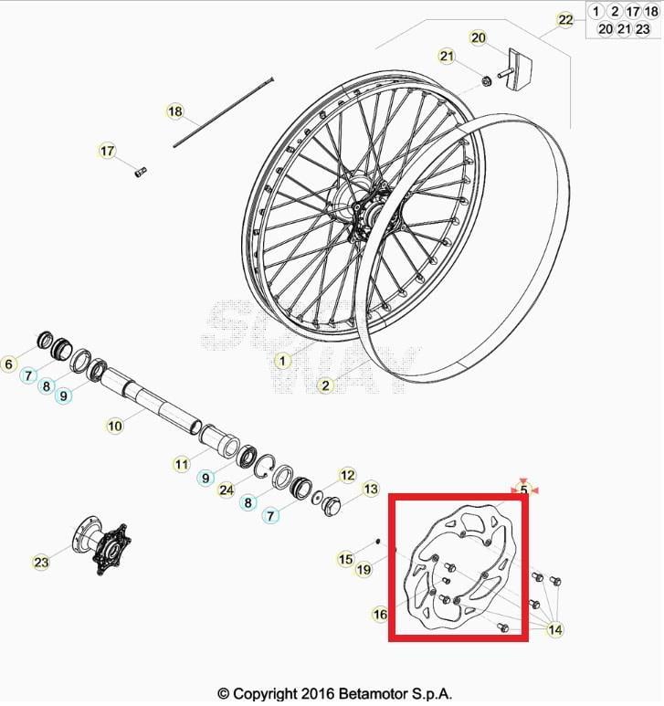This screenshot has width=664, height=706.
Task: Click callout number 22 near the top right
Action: pyautogui.click(x=565, y=20)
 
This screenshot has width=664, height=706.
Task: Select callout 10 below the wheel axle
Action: pyautogui.click(x=114, y=425)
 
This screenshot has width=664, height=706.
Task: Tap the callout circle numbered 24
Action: pyautogui.click(x=227, y=489)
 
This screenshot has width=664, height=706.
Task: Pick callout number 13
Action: pyautogui.click(x=370, y=490)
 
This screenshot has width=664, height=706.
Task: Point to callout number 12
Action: pyautogui.click(x=347, y=475)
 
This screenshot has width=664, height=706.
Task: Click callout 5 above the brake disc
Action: pyautogui.click(x=523, y=490)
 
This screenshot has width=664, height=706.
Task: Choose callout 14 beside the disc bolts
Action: pyautogui.click(x=555, y=629)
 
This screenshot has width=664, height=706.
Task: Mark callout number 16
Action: pyautogui.click(x=380, y=615)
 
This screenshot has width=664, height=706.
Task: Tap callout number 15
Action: pyautogui.click(x=345, y=559)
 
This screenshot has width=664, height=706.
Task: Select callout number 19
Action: pyautogui.click(x=364, y=571)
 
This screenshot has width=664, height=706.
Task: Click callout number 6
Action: pyautogui.click(x=9, y=364)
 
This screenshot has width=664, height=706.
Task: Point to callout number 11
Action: pyautogui.click(x=181, y=464)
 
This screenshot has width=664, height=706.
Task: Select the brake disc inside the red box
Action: pyautogui.click(x=457, y=566)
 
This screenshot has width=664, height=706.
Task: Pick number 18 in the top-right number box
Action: pyautogui.click(x=650, y=12)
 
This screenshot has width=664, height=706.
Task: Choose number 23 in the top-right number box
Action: pyautogui.click(x=642, y=28)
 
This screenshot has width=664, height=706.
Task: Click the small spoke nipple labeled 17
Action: pyautogui.click(x=140, y=171)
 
